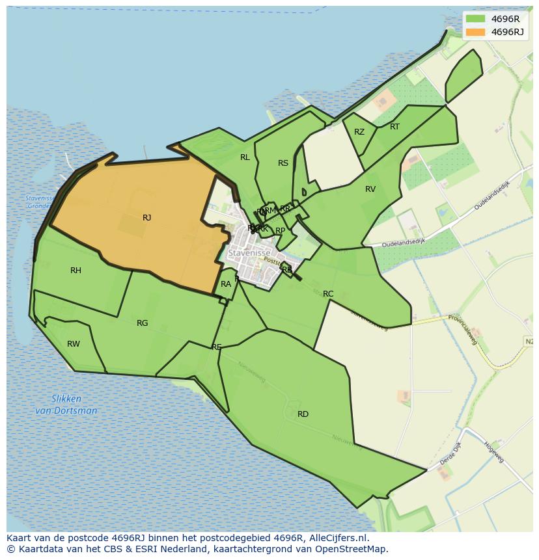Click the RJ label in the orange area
pos(146,218)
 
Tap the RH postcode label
pos(76,271)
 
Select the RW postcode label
pos(74,344)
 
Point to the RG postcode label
pos(142,323)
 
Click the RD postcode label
pos(303,414)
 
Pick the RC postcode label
pos(328,294)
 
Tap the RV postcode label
pos(370,189)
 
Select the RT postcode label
pos(394,127)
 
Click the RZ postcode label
pos(359,132)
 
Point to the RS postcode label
pos(283,163)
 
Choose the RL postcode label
pos(245,157)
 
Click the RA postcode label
pos(226,284)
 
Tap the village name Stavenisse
pos(249,252)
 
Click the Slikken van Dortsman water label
pos(66,405)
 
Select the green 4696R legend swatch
pos(475,19)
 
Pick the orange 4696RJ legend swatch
pos(475,32)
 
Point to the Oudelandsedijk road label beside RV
pos(403,241)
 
